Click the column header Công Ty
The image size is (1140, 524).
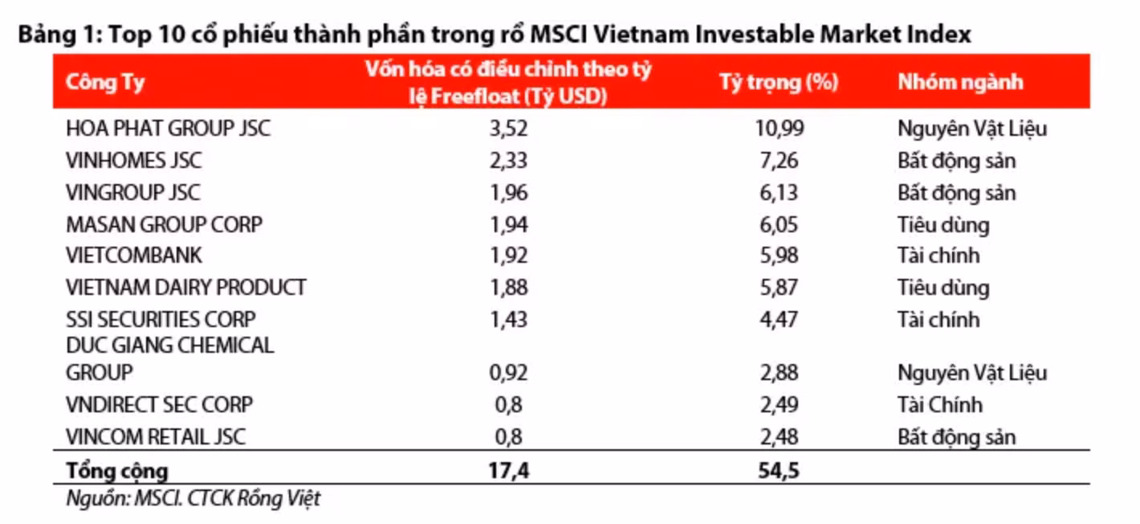105,82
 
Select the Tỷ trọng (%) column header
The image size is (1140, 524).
779,82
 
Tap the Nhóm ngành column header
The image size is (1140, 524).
960,82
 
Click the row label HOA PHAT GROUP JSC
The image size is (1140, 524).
168,129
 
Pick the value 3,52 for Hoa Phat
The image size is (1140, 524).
508,129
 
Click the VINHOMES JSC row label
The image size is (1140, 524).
133,161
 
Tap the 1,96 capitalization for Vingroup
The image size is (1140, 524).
508,193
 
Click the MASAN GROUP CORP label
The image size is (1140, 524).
164,224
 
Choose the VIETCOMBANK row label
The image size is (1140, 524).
133,256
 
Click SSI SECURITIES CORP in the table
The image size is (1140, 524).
161,319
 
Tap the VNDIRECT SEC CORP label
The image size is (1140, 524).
159,405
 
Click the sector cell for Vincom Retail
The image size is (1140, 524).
956,437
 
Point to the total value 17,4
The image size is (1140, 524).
508,470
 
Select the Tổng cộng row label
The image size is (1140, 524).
117,470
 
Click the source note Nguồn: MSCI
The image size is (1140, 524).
193,498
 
